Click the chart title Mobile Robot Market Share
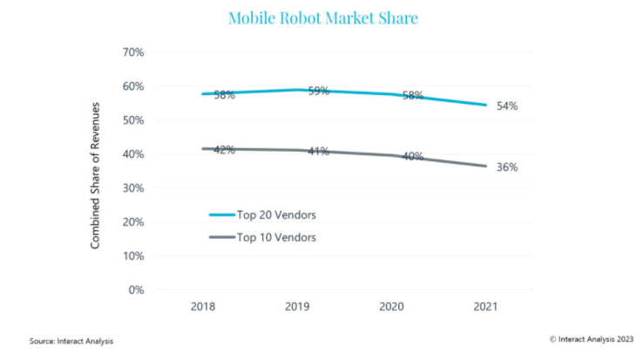point(322,17)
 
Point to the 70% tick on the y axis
point(133,52)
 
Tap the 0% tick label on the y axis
point(137,290)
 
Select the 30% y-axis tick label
point(133,188)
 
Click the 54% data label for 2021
point(507,106)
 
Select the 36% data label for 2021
point(507,166)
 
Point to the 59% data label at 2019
point(318,91)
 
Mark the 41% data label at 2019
point(318,152)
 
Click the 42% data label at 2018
point(224,149)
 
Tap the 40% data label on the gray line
point(412,157)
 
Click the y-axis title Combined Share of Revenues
point(96,174)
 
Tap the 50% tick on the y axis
point(133,120)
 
